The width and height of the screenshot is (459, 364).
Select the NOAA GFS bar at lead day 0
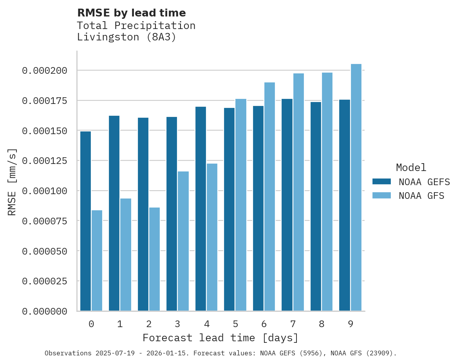pyautogui.click(x=97, y=260)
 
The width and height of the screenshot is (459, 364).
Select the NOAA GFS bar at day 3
pyautogui.click(x=183, y=241)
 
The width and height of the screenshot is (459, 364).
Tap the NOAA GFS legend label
pyautogui.click(x=421, y=195)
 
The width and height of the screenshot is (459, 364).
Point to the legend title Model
pyautogui.click(x=411, y=167)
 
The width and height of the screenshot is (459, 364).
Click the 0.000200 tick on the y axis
pyautogui.click(x=45, y=71)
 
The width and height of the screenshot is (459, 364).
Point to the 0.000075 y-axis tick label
pyautogui.click(x=45, y=221)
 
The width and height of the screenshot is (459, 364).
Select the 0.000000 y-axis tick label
pyautogui.click(x=45, y=311)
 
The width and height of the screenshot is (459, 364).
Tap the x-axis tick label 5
pyautogui.click(x=235, y=324)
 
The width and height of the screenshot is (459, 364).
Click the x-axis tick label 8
pyautogui.click(x=322, y=324)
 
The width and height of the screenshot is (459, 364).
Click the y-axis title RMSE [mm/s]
pyautogui.click(x=12, y=182)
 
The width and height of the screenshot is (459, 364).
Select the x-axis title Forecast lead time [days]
pyautogui.click(x=220, y=338)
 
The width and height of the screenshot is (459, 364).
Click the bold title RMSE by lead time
pyautogui.click(x=131, y=13)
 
